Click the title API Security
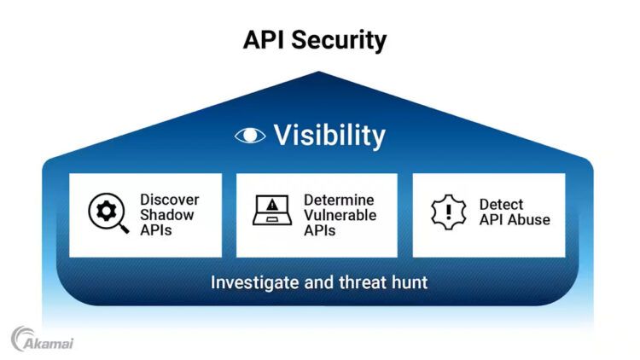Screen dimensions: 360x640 coord(315,39)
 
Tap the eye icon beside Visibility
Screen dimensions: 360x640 coord(250,135)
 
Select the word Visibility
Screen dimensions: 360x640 coord(329,135)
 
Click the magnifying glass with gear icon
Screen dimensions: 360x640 coord(108,213)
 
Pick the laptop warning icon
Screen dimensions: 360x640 coord(272,211)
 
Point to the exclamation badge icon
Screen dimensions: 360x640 coord(449,212)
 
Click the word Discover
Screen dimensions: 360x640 coord(169,200)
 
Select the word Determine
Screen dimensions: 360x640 coord(339,200)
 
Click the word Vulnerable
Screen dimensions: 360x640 coord(340,214)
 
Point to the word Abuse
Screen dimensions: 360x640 coord(529,220)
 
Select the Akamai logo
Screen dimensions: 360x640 coord(42,339)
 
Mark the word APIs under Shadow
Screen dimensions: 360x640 coord(156,229)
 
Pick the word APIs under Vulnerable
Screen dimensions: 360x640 coord(320,229)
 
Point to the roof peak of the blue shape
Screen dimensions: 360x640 coord(318,73)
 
